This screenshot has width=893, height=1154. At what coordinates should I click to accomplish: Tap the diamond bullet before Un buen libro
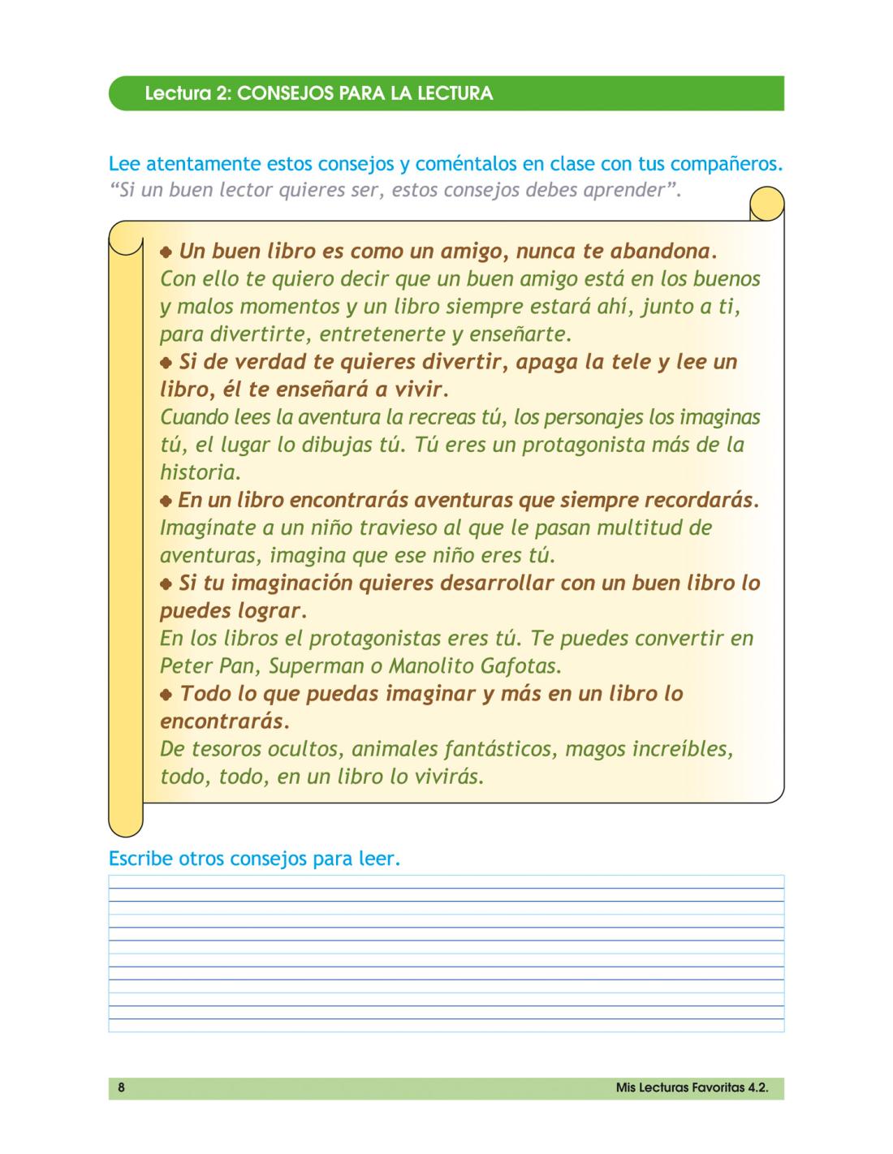(x=166, y=251)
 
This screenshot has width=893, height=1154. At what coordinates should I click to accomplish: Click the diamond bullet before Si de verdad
(x=166, y=362)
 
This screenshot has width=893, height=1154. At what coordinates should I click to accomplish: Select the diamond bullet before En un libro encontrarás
(x=166, y=500)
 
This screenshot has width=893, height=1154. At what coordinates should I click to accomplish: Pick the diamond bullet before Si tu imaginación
(x=166, y=583)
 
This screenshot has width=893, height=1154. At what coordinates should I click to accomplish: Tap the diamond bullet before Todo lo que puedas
(x=166, y=694)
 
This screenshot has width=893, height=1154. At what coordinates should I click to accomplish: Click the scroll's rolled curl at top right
(x=766, y=204)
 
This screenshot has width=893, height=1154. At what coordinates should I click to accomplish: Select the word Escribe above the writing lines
(x=137, y=859)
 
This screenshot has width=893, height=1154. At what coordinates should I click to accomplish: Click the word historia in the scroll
(x=199, y=472)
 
